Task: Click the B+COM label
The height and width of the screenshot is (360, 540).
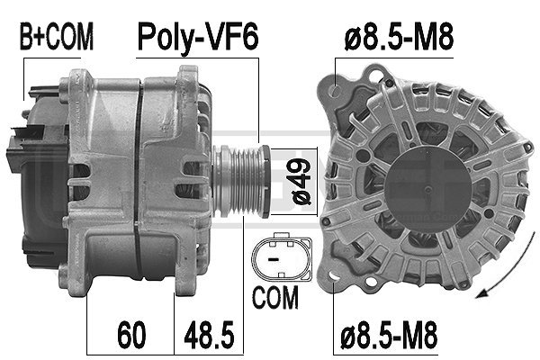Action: pyautogui.click(x=56, y=37)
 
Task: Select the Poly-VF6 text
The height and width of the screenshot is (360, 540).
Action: pyautogui.click(x=197, y=37)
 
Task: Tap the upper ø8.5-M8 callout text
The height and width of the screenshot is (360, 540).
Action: pyautogui.click(x=399, y=37)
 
